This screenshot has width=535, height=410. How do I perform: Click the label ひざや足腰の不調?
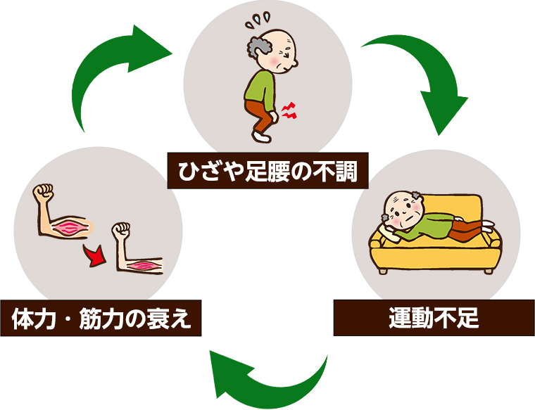click(267, 170)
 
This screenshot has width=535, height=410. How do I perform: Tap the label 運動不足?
click(434, 318)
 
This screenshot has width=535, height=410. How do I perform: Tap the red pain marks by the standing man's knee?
click(288, 109)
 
